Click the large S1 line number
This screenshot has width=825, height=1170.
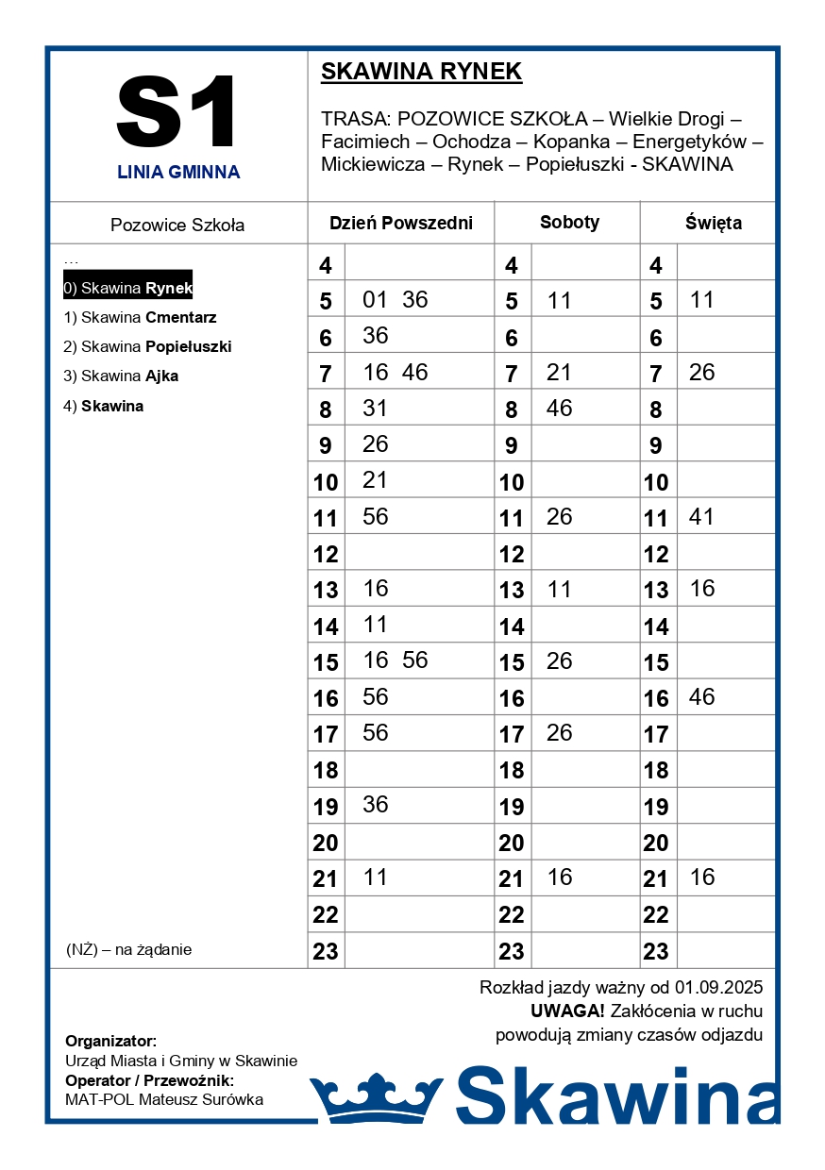coord(177,112)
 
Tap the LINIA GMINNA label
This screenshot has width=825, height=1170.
coord(178,172)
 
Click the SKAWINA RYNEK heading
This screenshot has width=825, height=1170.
coord(421,72)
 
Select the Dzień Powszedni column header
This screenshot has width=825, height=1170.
coord(400,224)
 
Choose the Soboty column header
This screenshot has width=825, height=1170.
coord(569,223)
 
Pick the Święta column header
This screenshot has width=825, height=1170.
coord(713,224)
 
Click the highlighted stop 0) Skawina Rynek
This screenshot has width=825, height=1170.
coord(127,288)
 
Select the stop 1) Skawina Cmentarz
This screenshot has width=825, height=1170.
coord(140,317)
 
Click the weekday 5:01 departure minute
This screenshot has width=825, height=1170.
coord(376,300)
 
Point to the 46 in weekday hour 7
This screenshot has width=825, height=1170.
coord(414,373)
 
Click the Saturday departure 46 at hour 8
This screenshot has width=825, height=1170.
coord(559,409)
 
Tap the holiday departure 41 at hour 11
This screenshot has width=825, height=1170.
coord(701,517)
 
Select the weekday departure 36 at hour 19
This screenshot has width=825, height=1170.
coord(376,805)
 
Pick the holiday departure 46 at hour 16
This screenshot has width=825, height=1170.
coord(701,697)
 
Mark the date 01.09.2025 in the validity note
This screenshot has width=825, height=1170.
coord(718,988)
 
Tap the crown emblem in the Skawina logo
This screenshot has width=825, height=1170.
coord(376,1098)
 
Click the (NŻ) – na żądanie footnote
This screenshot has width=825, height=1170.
coord(128,949)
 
